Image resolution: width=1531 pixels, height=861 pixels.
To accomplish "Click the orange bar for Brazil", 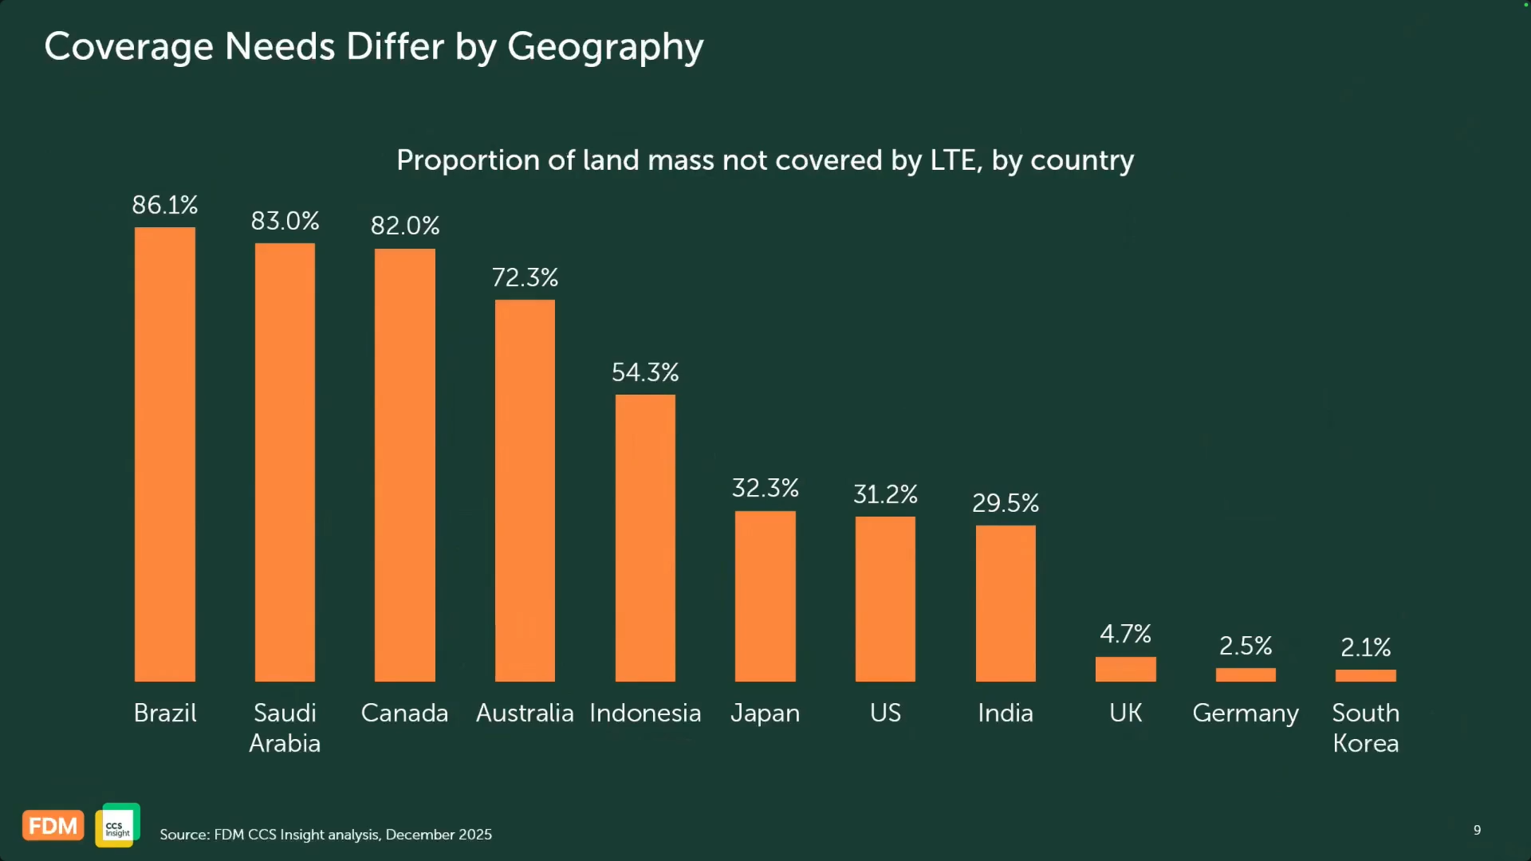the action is [165, 454].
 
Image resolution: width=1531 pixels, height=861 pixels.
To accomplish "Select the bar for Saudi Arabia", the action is [285, 462].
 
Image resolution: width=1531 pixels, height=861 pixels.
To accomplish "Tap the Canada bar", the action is [405, 465].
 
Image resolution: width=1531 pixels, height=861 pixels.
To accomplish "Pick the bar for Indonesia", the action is [645, 538].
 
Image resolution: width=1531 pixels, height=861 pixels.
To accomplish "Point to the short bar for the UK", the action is [1126, 669].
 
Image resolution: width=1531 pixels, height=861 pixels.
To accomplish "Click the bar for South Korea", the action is [1366, 675].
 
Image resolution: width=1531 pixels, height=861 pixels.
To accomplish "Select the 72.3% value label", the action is [525, 277].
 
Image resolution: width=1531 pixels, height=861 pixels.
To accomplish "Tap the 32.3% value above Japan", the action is [765, 488].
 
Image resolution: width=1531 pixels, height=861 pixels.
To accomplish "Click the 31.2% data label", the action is [885, 494].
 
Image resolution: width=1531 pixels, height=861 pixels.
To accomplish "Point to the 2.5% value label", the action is [1246, 646].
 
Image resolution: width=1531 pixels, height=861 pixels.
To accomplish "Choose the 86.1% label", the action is [165, 205].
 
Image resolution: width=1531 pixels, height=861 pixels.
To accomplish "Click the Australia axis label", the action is [525, 713].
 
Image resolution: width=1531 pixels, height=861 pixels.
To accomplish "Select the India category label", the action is [1006, 713].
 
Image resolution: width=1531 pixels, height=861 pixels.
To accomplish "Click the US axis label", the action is [885, 713].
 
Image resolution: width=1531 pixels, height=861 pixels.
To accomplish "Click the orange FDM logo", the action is [53, 826].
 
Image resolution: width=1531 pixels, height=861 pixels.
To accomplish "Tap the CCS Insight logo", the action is [118, 825].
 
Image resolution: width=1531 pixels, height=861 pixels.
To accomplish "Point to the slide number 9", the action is [1478, 830].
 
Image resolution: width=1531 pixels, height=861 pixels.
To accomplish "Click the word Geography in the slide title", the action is [605, 48].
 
